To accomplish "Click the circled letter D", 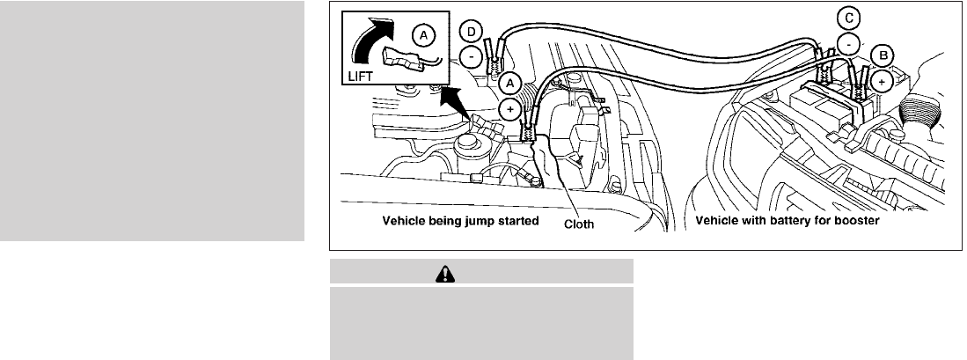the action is pyautogui.click(x=472, y=33).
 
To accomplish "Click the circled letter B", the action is pyautogui.click(x=882, y=55).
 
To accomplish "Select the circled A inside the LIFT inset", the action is pyautogui.click(x=424, y=35).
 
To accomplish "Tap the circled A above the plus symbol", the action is pyautogui.click(x=510, y=82).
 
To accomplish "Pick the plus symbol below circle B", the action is pyautogui.click(x=882, y=80).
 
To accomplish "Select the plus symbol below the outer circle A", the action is pyautogui.click(x=510, y=108).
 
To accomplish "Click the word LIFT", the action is pyautogui.click(x=360, y=77).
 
